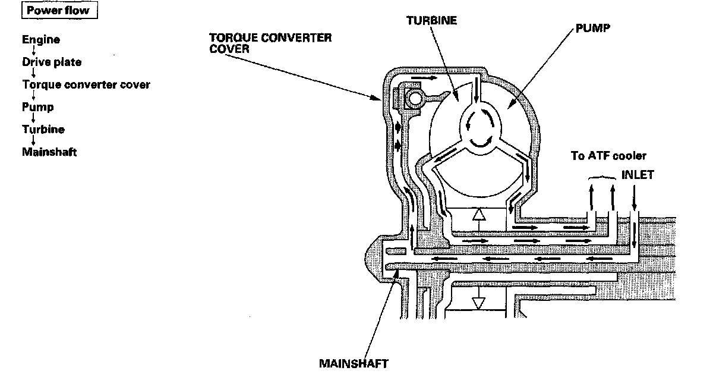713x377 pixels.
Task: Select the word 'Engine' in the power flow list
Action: point(41,40)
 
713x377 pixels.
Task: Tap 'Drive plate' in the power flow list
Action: point(52,62)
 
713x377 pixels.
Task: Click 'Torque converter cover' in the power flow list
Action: point(86,84)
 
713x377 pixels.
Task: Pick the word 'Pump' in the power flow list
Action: point(38,107)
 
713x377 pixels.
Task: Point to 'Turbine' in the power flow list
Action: point(43,129)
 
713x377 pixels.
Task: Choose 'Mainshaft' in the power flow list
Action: point(49,152)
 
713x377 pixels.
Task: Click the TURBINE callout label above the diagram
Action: point(431,20)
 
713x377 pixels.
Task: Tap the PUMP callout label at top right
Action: point(589,28)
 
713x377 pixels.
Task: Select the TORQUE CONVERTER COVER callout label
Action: point(270,42)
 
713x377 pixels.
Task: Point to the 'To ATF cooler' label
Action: point(608,156)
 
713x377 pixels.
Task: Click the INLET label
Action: point(638,176)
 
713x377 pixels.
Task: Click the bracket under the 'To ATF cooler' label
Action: point(602,177)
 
